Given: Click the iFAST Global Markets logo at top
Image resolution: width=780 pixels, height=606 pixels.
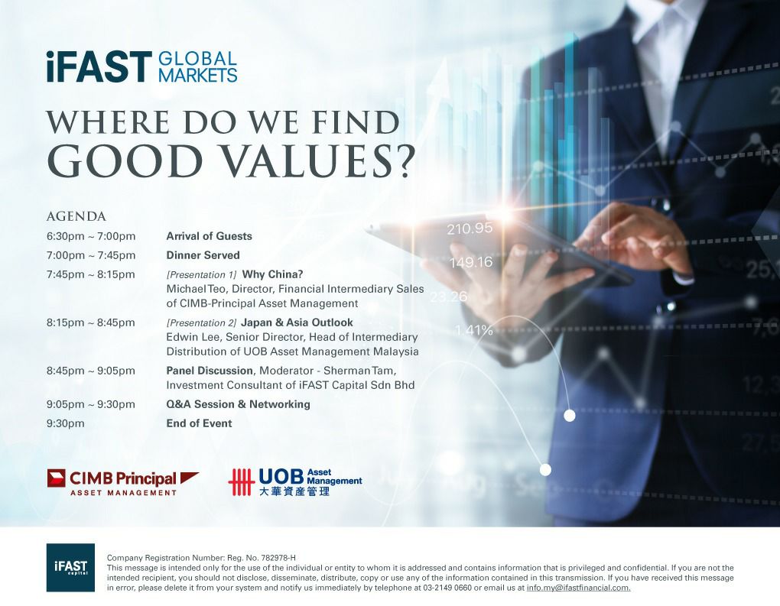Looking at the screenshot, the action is point(141,66).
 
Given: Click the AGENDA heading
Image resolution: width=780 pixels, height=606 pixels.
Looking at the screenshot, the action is point(76,217).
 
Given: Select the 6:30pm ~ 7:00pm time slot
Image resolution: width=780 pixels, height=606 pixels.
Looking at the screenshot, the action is point(91,236).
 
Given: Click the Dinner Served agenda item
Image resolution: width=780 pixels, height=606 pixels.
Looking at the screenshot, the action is point(203,255).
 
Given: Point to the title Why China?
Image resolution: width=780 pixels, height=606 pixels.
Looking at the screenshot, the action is point(272,274).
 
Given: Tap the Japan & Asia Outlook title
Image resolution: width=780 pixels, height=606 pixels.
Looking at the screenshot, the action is point(297,322).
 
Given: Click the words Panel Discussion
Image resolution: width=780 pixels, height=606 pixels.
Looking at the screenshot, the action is point(210,371).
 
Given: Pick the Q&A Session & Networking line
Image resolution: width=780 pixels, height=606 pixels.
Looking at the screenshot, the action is point(239,404).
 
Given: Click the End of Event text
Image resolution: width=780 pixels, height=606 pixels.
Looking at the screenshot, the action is point(199,423).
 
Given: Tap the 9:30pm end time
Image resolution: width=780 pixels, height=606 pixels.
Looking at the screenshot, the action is point(66,423).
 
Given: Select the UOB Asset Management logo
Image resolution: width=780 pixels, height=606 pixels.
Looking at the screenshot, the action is point(295,481).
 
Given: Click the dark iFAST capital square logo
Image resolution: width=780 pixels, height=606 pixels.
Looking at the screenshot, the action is point(70,567).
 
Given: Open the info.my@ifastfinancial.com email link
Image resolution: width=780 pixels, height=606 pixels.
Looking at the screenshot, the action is point(579,588).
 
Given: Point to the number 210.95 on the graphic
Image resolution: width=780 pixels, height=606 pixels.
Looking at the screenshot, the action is point(470,228).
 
